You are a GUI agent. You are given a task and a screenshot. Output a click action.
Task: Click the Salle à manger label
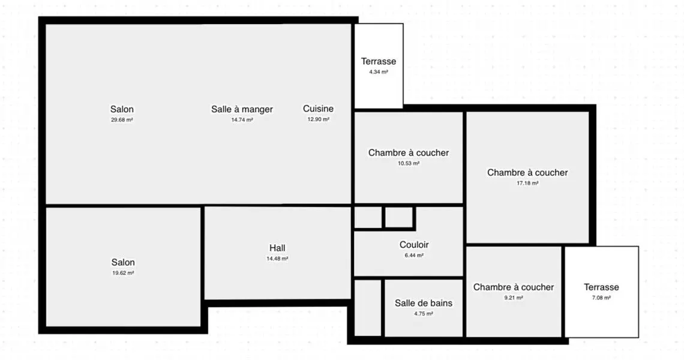pos(242,109)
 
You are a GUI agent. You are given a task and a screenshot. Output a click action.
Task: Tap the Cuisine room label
pos(319,109)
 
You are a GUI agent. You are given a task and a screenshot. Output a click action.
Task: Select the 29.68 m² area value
pos(122,119)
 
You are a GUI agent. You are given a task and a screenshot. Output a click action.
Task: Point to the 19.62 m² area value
pos(123,273)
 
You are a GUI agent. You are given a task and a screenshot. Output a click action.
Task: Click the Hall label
pos(277,248)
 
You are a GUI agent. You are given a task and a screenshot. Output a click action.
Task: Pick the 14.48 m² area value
pos(277,259)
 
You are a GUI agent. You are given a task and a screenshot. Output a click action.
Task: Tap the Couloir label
pos(414,245)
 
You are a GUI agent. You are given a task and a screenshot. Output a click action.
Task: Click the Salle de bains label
pos(424,303)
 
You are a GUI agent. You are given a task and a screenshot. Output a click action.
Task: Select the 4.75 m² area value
pos(424,313)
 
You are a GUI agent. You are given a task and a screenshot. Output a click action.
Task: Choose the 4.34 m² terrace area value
pos(379,72)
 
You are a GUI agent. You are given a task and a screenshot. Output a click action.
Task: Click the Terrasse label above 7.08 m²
pos(602,287)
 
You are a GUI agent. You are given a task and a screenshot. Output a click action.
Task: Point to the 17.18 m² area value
pos(527,183)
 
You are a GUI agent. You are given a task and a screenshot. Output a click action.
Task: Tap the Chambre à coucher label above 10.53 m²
pos(409,153)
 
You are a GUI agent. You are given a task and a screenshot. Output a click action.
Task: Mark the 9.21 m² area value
pos(514,298)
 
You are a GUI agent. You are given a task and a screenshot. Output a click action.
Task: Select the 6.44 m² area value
pos(414,255)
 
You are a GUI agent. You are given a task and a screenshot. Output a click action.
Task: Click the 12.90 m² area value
pos(319,119)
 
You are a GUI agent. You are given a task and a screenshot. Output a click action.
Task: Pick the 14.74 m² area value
pos(242,119)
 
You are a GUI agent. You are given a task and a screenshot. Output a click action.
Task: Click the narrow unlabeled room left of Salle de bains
pos(368,308)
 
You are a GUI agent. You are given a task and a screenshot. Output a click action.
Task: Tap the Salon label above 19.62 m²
pos(123,262)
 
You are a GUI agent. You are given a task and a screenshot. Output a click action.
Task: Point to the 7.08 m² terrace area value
pos(602,298)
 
